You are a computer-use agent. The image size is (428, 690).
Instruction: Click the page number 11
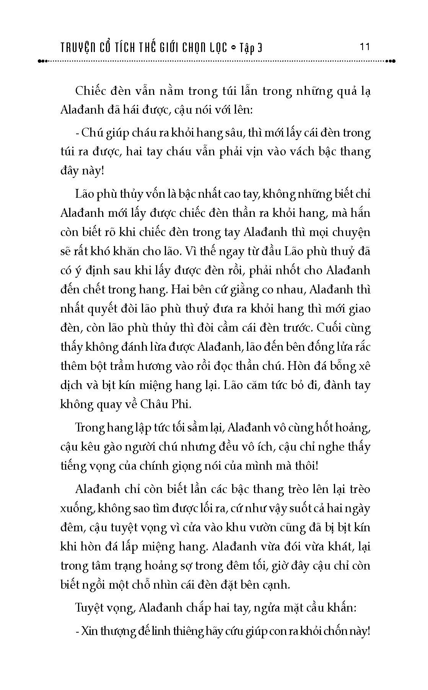click(x=365, y=47)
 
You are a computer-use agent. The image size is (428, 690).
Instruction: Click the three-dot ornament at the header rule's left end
click(x=42, y=61)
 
